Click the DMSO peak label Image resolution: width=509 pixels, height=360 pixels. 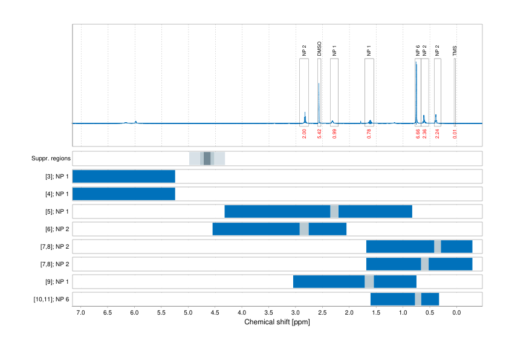[x=319, y=49]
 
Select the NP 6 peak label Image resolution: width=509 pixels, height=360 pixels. [x=418, y=50]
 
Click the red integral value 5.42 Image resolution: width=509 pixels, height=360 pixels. [x=319, y=134]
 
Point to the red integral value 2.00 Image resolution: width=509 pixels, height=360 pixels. [x=304, y=134]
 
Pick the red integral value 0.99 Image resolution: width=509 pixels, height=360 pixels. [x=334, y=134]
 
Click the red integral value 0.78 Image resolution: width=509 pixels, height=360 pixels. [x=369, y=134]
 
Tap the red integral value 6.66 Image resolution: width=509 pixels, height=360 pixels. [x=418, y=134]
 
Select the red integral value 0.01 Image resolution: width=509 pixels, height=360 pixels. [x=455, y=134]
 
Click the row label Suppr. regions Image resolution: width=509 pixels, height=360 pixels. [x=51, y=159]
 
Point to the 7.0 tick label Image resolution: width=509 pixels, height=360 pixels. [x=81, y=313]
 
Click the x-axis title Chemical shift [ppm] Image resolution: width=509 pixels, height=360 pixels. [x=277, y=322]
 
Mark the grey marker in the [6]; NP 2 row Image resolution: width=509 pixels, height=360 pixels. [x=304, y=229]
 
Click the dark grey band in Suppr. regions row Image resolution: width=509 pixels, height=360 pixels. [x=207, y=159]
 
